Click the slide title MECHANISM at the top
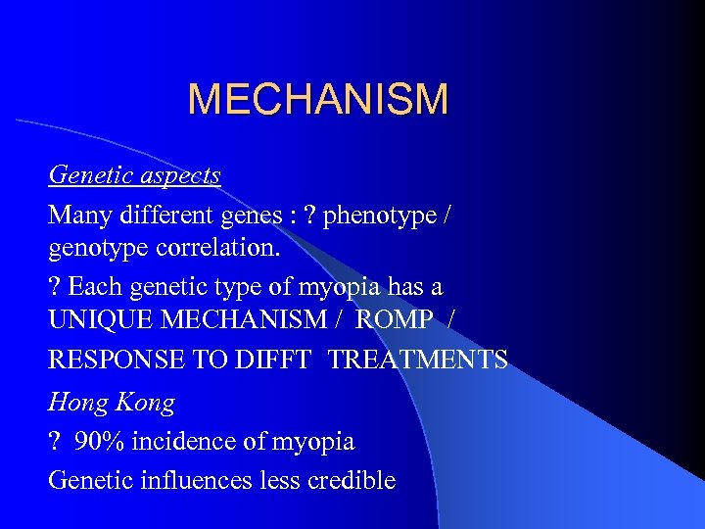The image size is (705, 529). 318,100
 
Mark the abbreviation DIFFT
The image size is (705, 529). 277,361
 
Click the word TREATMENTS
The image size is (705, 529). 418,361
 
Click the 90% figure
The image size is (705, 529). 99,442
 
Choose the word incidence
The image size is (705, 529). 185,442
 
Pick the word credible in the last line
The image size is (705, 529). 351,480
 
